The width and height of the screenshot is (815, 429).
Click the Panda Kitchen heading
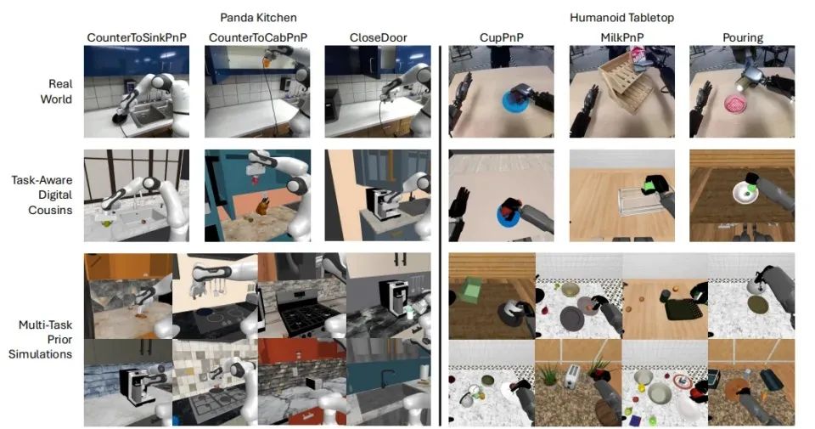click(x=258, y=18)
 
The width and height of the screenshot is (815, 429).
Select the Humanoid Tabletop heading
click(x=621, y=18)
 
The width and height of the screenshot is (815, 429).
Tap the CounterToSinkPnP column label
click(x=137, y=37)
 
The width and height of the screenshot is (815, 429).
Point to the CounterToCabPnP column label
click(x=258, y=37)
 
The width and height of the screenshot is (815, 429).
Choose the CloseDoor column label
click(x=378, y=37)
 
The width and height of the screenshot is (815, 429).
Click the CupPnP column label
click(x=501, y=37)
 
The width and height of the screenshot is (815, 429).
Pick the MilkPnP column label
click(x=621, y=37)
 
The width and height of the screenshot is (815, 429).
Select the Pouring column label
click(x=742, y=38)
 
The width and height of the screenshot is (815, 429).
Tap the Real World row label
click(x=56, y=91)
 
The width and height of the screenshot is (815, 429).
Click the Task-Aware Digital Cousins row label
click(x=42, y=195)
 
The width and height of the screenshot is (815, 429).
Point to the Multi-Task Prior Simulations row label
click(x=40, y=339)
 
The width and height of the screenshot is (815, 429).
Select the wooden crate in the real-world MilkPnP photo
click(x=626, y=86)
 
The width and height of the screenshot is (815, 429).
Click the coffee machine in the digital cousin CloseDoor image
click(x=384, y=206)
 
